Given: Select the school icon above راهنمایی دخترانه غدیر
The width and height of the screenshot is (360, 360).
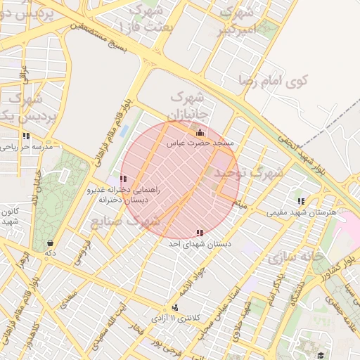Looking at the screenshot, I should coord(124,179).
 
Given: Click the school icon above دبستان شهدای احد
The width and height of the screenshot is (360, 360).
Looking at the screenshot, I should coord(200,232).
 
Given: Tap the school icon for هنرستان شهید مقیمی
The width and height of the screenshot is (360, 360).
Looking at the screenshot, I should coord(302,201).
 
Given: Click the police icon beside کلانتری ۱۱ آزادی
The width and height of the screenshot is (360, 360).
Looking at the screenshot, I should coord(174,307).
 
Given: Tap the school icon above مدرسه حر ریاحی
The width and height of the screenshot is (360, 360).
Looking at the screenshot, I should coord(26,136).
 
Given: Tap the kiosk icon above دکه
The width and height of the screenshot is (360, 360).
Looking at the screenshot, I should coord(49,243).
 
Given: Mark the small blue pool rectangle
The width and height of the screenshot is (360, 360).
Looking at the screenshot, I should coord(124,130).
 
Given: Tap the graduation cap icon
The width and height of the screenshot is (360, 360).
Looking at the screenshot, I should coord(321,356).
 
